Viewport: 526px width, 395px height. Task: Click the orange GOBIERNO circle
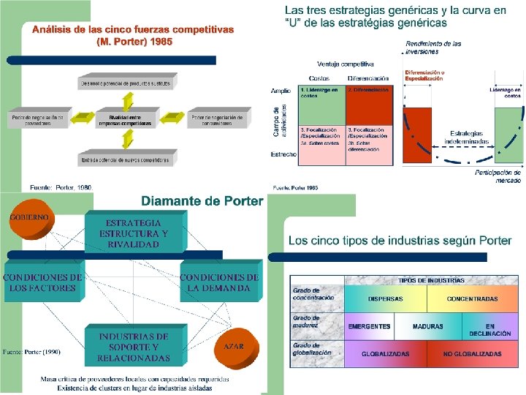(x=30, y=220)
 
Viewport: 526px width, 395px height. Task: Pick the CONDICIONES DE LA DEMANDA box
(x=219, y=283)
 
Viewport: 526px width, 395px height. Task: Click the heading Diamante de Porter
(x=202, y=201)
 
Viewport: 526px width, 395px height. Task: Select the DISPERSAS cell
(x=385, y=298)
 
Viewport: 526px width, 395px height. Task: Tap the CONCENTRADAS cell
(x=473, y=298)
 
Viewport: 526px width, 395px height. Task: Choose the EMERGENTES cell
(x=369, y=326)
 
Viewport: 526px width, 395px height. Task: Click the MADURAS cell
(x=428, y=326)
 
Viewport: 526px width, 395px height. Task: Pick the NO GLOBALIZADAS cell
(x=473, y=353)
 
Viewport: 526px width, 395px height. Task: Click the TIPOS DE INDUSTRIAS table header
(x=431, y=280)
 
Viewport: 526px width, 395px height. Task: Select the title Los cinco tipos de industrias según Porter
(x=400, y=240)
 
